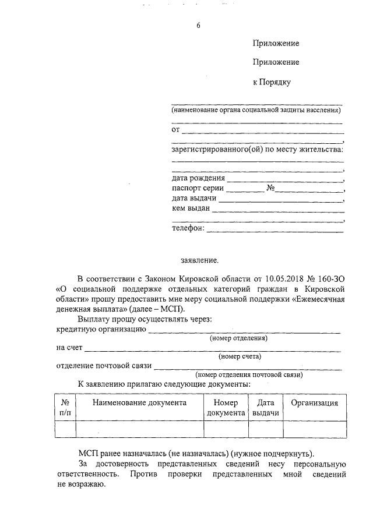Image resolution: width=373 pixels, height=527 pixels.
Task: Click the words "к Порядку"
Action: pyautogui.click(x=271, y=82)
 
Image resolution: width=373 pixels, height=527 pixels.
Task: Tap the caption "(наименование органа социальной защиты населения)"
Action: pyautogui.click(x=256, y=110)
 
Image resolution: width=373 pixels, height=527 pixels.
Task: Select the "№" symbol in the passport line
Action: pyautogui.click(x=270, y=189)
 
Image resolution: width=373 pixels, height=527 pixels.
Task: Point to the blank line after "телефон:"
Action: pyautogui.click(x=275, y=229)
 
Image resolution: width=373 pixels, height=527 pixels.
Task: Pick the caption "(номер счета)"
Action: pyautogui.click(x=239, y=356)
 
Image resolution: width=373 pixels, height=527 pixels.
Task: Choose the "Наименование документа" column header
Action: pyautogui.click(x=139, y=402)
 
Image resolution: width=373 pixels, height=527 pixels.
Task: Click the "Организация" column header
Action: pyautogui.click(x=315, y=402)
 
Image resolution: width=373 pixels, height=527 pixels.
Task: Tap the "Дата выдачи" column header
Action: pyautogui.click(x=266, y=407)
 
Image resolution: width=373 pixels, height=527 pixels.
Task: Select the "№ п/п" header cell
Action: pyautogui.click(x=65, y=407)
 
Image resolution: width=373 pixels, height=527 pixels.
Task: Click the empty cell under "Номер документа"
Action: pyautogui.click(x=226, y=429)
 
